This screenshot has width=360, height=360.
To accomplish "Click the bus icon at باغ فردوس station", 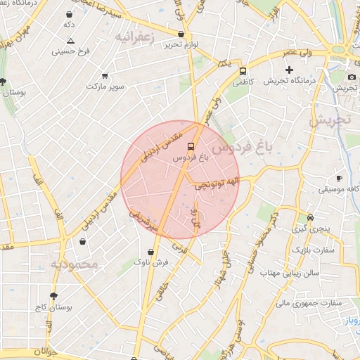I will [191, 146].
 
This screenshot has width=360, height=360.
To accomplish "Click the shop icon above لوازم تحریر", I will [181, 34].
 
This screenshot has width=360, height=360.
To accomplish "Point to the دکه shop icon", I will [69, 14].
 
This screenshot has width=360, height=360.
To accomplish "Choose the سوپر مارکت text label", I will [105, 86].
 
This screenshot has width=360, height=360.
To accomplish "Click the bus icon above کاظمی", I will [243, 71].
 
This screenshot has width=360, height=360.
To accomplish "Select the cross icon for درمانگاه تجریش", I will [288, 70].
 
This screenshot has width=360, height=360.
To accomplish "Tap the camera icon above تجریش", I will [352, 77].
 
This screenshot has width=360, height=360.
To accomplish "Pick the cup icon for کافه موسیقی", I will [339, 179].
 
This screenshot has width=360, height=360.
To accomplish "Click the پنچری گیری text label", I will [309, 229].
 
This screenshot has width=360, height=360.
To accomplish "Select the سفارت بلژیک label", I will [314, 250].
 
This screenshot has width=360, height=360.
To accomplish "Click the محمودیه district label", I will [77, 264].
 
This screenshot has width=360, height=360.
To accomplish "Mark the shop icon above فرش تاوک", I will [151, 252].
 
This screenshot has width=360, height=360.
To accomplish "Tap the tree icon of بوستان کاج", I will [53, 296].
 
